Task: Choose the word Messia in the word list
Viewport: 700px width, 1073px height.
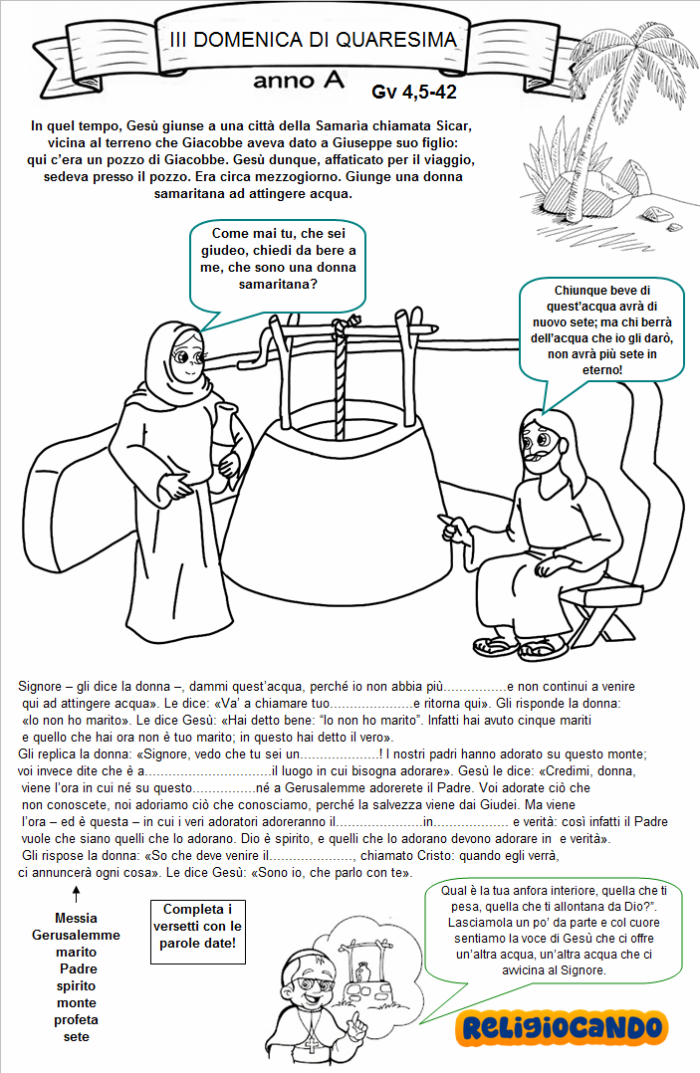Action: click(x=76, y=918)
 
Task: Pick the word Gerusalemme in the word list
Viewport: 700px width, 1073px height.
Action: click(x=76, y=935)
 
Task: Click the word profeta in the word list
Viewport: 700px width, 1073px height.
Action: click(x=76, y=1019)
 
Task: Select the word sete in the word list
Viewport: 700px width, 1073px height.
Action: click(x=76, y=1036)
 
